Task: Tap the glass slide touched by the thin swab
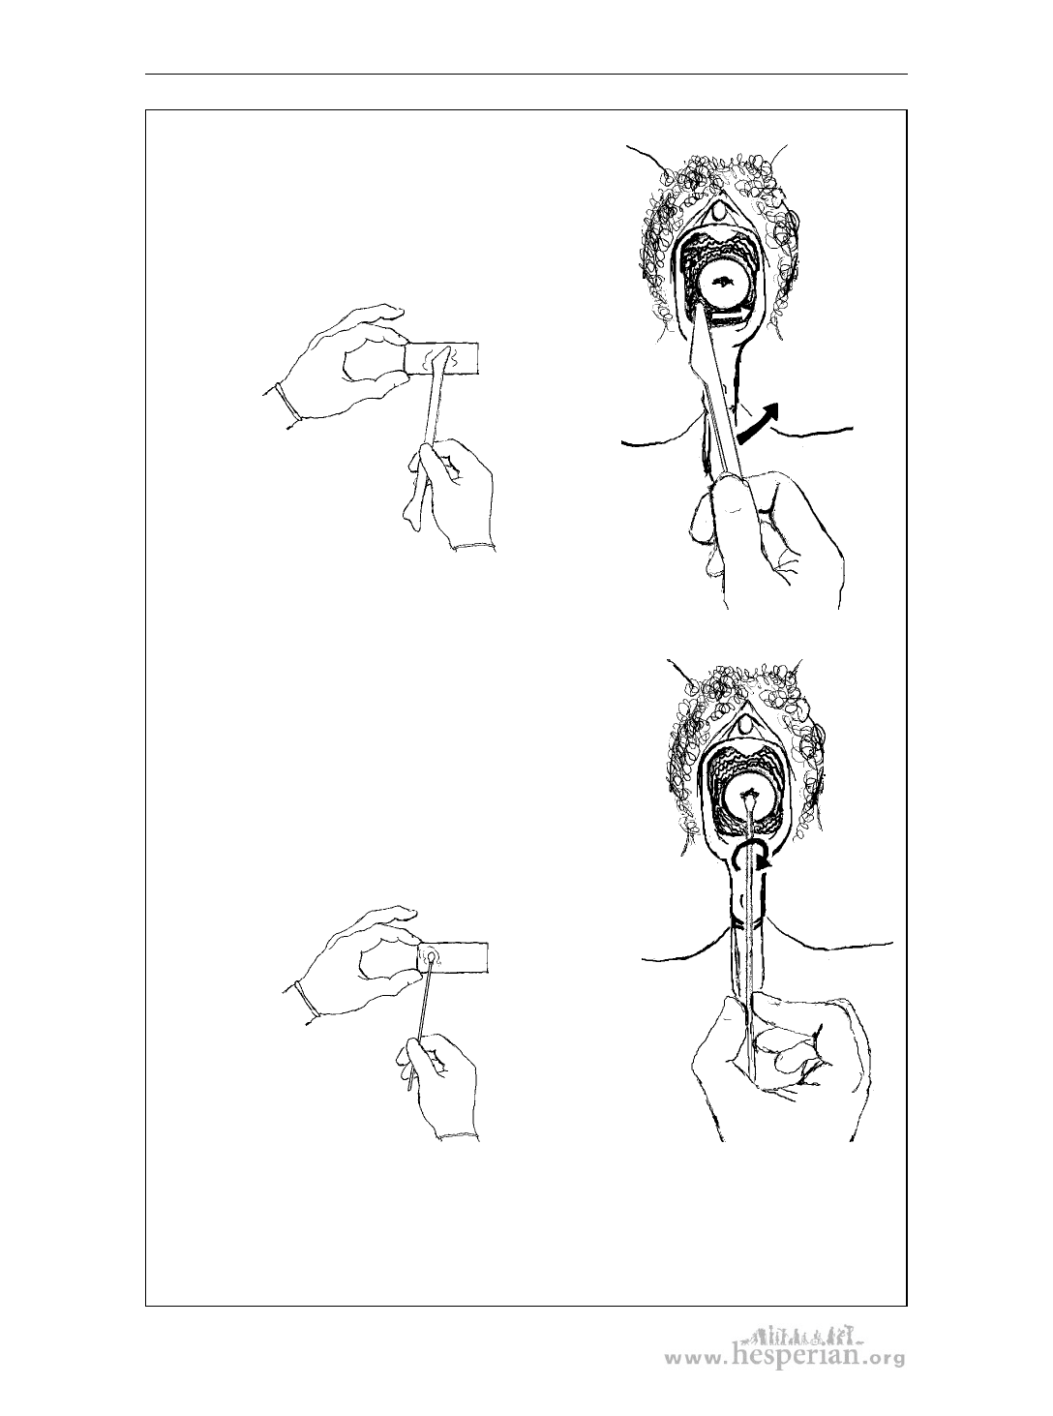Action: point(453,957)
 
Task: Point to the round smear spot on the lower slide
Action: point(431,956)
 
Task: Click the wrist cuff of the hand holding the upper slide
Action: point(287,402)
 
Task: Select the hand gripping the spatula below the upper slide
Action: point(448,495)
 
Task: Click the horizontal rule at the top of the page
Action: point(526,75)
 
